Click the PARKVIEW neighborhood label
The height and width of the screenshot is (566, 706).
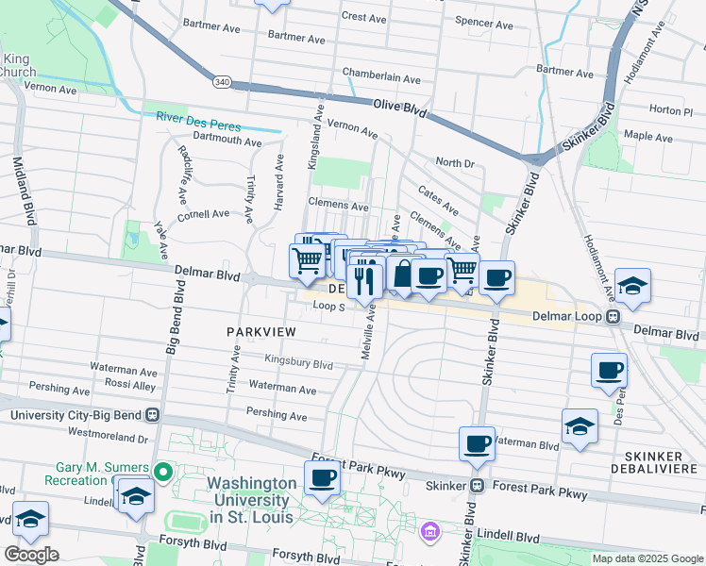[261, 332]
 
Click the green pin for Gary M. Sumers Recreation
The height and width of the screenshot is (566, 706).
[162, 470]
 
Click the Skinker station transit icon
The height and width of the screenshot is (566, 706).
[478, 486]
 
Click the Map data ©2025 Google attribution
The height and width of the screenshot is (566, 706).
[647, 558]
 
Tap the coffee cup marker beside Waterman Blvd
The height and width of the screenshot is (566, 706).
[477, 442]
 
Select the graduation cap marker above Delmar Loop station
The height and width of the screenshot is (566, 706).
[631, 283]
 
